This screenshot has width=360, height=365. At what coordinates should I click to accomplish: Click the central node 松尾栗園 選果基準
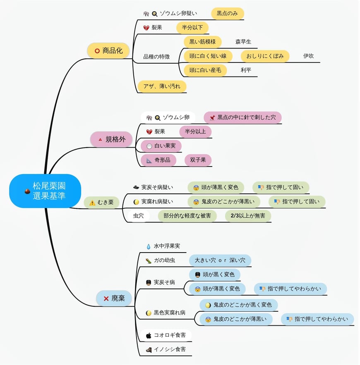point(45,191)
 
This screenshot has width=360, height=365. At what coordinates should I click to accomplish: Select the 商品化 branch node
point(108,51)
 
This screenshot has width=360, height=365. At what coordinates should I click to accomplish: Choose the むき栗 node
point(101,203)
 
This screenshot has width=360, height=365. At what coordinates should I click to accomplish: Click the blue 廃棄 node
point(114,298)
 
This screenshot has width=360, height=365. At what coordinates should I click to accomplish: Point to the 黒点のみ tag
point(227,13)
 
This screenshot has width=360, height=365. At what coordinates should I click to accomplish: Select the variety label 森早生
point(243,42)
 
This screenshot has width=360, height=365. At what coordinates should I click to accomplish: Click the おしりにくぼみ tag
point(265,56)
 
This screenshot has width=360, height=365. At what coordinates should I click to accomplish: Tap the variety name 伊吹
point(308,56)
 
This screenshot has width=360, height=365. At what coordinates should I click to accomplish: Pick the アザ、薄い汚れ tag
point(162,86)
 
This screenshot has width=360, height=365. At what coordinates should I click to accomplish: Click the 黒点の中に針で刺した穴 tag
point(242,117)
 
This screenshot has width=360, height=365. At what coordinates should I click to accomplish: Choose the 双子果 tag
point(198,160)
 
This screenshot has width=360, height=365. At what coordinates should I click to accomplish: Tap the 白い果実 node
point(161,146)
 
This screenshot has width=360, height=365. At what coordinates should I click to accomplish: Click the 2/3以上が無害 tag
point(248,216)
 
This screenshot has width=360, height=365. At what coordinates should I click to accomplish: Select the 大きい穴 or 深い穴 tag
point(220,260)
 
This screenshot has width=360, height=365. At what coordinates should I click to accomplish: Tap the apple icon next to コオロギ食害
point(149,335)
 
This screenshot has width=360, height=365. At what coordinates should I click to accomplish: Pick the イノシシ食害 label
point(170,349)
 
